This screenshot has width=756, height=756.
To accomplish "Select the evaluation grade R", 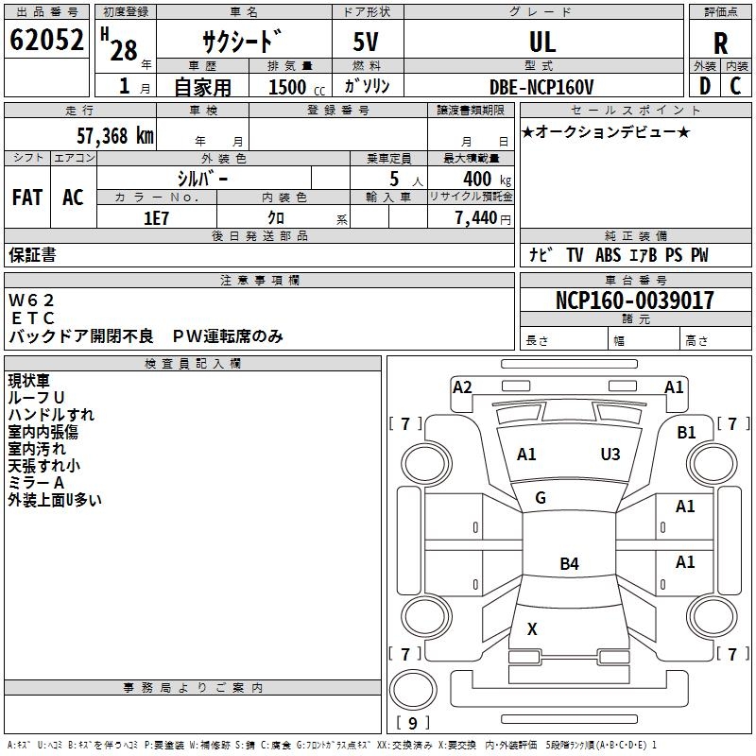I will coord(720,43).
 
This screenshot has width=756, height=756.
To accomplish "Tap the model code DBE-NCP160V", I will coord(542,86).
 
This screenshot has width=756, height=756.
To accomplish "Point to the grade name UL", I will coord(542,42).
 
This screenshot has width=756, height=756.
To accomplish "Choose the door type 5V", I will coord(368,42).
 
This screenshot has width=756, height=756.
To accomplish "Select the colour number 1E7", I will coord(156,217).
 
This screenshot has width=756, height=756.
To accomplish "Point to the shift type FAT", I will coord(27,197).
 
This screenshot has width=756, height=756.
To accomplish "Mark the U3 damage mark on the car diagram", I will coord(610,455).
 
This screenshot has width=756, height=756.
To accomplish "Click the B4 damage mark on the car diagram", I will coord(569,564).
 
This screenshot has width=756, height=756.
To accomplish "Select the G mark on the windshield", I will coord(541,498).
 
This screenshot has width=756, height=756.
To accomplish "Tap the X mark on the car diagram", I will coord(532,628).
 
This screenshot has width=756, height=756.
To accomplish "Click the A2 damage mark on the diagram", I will coord(462,387).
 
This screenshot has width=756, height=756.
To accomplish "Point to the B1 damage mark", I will coord(686,432).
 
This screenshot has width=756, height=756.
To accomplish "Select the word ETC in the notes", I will coord(33,318).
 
